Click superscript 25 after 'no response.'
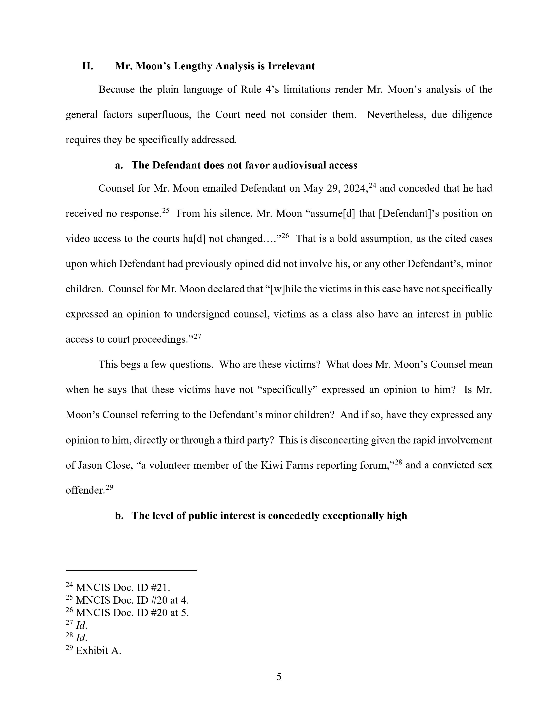[166, 210]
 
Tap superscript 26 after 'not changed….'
[285, 236]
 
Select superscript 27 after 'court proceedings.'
[197, 336]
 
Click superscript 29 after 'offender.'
[109, 487]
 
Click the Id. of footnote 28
[81, 638]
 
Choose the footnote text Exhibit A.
[98, 651]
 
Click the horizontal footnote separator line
[131, 570]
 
